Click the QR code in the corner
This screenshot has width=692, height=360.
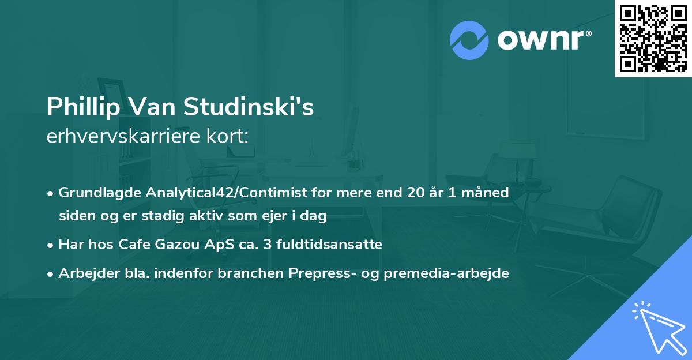tap(653, 39)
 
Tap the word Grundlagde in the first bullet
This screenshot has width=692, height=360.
tap(94, 193)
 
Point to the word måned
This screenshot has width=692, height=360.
tap(488, 193)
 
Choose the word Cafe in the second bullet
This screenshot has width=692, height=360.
tap(131, 245)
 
